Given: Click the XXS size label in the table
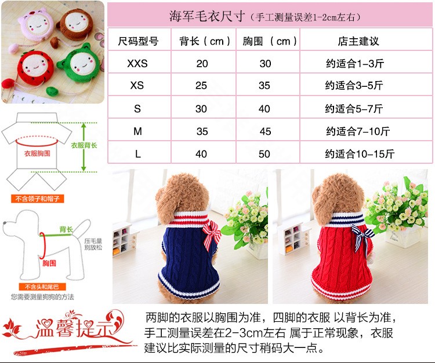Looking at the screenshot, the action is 137,64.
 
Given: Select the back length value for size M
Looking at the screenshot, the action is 202,131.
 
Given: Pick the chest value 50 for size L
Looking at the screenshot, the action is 264,153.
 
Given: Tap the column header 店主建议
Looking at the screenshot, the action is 358,41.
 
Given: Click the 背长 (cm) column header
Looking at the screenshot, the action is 205,41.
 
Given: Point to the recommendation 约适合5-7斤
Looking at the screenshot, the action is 354,108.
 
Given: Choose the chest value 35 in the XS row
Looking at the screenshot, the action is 264,86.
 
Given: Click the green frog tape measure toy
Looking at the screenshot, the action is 79,64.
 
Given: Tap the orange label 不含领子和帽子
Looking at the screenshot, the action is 38,199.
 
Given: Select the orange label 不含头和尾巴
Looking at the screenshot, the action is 42,287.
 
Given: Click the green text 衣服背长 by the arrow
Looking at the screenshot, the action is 84,145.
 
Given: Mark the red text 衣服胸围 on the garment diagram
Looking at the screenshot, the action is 37,153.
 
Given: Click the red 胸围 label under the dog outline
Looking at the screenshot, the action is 49,263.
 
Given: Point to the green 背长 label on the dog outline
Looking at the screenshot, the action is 66,229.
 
